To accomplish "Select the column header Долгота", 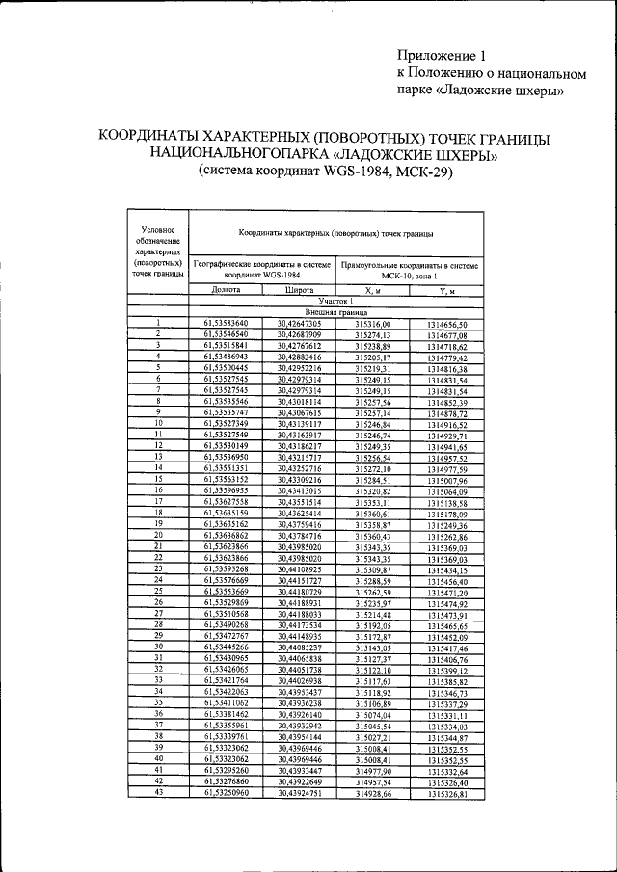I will coord(226,290).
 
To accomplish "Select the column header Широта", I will coord(299,290).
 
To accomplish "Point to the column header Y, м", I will coord(446,290).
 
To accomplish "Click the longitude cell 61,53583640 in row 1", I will coord(226,324).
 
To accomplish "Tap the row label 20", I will coord(156,535).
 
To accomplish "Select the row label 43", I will coord(156,793).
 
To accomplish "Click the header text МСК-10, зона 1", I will coord(410,276).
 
